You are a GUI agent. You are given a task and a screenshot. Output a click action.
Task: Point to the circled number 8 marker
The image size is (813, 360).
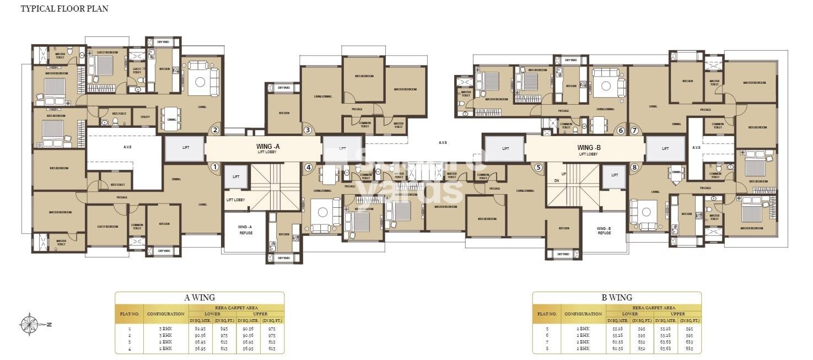click(634, 167)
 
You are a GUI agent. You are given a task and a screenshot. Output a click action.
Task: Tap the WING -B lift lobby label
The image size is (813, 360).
click(588, 149)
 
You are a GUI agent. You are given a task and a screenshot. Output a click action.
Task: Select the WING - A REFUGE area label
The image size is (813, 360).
click(245, 229)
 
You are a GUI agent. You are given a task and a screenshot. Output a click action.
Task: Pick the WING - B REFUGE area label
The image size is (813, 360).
click(604, 230)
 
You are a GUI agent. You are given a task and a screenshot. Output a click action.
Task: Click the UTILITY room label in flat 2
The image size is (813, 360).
click(145, 117)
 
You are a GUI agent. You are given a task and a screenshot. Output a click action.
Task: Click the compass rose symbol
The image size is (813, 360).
click(29, 324)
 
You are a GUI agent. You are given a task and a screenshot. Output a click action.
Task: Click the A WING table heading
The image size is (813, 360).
click(200, 298)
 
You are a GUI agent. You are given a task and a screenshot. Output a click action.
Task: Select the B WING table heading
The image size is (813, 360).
click(617, 298)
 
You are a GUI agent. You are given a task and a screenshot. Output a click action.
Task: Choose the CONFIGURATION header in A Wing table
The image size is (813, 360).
click(165, 314)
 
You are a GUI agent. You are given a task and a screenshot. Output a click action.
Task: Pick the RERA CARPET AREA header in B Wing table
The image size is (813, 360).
click(653, 307)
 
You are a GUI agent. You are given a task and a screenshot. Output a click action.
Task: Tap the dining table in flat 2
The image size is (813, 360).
click(171, 119)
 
